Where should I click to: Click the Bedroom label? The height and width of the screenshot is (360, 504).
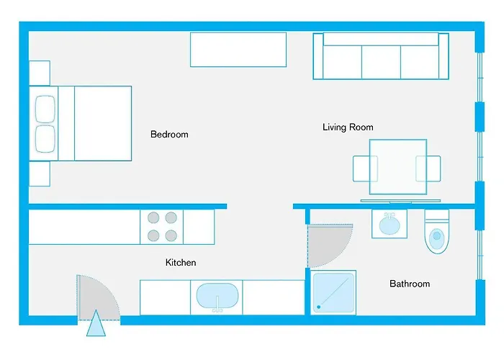tap(169, 135)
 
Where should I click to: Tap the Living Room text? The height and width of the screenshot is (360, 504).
tap(348, 127)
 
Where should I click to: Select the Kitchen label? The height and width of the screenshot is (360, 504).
tap(181, 263)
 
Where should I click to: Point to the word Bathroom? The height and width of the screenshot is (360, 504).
tap(410, 284)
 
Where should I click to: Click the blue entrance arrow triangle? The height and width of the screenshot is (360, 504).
tap(95, 326)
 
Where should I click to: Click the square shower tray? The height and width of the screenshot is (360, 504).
tap(334, 292)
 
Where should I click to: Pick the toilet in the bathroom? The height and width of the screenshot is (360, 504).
tap(437, 233)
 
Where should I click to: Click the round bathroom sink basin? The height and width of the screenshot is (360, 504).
tap(390, 224)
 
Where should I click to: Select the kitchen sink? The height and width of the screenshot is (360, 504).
tap(217, 297)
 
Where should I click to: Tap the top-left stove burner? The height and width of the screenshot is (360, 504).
tap(153, 217)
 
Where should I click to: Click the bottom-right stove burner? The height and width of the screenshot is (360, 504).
tap(171, 235)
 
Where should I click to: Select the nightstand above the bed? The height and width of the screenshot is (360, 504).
tap(39, 73)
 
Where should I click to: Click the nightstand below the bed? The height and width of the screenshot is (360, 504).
tap(39, 174)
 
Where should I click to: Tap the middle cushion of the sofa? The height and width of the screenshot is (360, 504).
tap(380, 61)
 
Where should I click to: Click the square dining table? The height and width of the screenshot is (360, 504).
tap(397, 167)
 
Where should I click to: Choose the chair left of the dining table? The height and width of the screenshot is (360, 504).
tap(361, 169)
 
